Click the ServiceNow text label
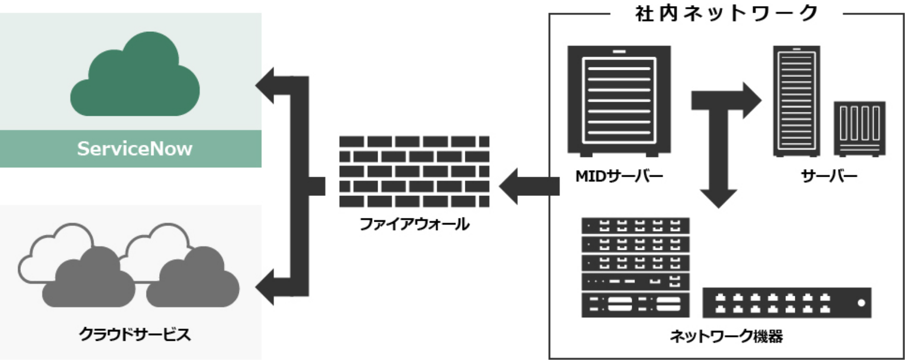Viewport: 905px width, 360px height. tap(134, 149)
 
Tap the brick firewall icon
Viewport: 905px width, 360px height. tap(414, 171)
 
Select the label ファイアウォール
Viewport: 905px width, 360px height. tap(414, 224)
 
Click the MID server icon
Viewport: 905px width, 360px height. tap(619, 100)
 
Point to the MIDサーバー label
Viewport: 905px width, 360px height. tap(619, 176)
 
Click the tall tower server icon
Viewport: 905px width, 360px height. tap(796, 100)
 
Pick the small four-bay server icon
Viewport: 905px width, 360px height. tap(859, 128)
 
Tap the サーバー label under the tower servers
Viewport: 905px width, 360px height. tap(829, 176)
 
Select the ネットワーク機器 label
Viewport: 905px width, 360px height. tap(726, 336)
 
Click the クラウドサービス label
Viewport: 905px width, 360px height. tap(134, 334)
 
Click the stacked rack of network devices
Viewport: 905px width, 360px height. tap(636, 267)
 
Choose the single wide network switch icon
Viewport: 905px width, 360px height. tap(786, 303)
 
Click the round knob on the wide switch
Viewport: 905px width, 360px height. tap(861, 303)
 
